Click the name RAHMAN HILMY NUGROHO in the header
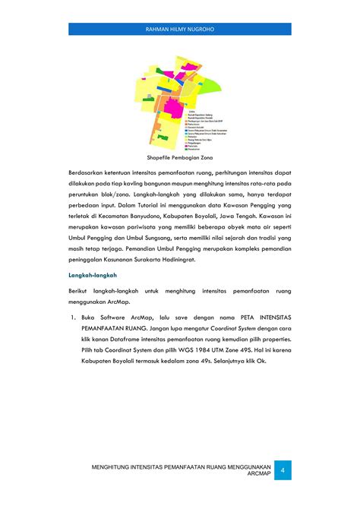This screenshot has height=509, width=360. [179, 29]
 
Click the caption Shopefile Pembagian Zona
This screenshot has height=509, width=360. [180, 158]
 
